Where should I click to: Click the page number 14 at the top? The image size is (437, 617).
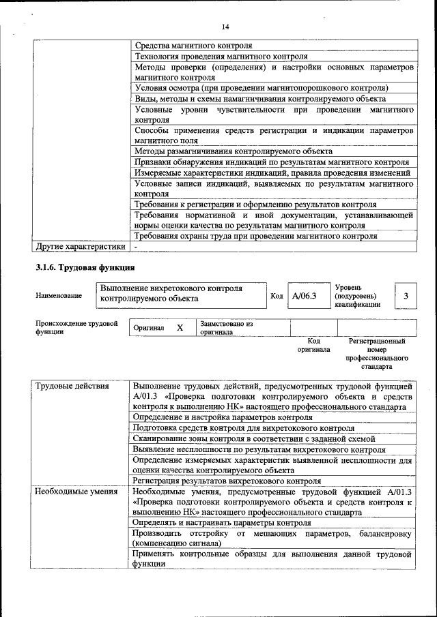[x=225, y=27]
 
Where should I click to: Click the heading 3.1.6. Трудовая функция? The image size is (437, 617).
[x=85, y=267]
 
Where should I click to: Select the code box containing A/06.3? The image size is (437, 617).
[x=304, y=296]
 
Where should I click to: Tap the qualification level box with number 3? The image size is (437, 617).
[x=406, y=296]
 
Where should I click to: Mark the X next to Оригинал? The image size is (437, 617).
[x=180, y=328]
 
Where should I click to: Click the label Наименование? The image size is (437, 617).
[x=59, y=296]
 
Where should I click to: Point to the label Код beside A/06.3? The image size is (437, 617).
[x=277, y=296]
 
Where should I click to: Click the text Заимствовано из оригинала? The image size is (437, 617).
[x=226, y=328]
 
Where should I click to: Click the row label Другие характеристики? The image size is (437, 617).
[x=81, y=246]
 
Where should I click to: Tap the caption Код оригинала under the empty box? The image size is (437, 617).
[x=313, y=345]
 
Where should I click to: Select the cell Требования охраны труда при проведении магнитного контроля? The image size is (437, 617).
[x=255, y=236]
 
